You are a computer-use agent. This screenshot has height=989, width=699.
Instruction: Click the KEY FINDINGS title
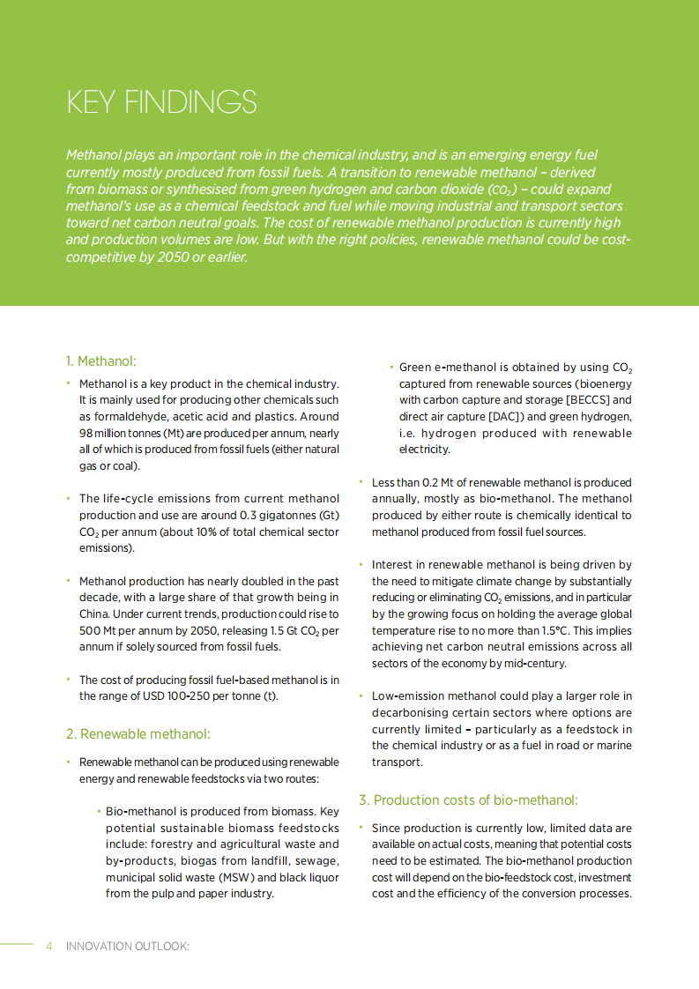(x=161, y=102)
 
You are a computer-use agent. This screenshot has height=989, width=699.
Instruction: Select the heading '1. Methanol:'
(x=101, y=361)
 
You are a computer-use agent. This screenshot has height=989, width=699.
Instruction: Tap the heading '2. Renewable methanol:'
(x=138, y=733)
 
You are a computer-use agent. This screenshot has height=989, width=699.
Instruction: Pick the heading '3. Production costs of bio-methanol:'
(x=468, y=799)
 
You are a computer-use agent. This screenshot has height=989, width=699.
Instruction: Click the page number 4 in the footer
(x=49, y=946)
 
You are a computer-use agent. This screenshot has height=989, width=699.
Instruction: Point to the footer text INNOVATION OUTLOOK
(x=128, y=946)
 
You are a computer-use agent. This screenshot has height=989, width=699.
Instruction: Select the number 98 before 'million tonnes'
(x=86, y=433)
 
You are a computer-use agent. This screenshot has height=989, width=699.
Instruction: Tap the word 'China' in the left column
(x=93, y=613)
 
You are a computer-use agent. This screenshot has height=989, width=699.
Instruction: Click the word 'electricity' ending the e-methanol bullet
(x=425, y=450)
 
